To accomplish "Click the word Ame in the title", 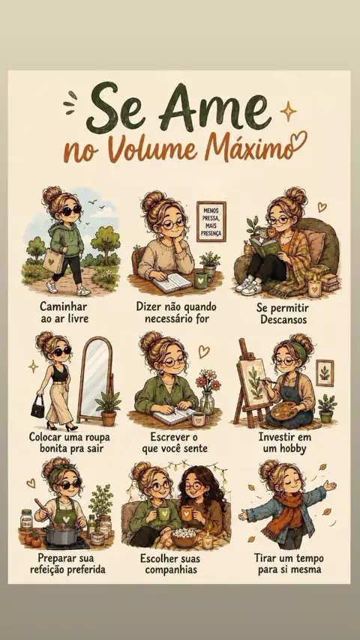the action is (x=214, y=107).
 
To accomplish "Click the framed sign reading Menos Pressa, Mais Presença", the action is (x=211, y=222).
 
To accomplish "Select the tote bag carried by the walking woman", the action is (x=53, y=261).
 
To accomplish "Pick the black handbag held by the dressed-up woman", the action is (x=38, y=407).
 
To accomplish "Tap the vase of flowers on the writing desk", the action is (x=208, y=391).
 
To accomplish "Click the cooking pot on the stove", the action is (x=61, y=534).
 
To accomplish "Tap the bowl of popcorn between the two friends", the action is (x=184, y=537).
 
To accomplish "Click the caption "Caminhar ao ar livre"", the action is (x=64, y=313).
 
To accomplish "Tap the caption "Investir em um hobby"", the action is (x=284, y=443).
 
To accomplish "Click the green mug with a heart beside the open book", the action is (x=202, y=280).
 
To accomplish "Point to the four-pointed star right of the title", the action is (x=288, y=111).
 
